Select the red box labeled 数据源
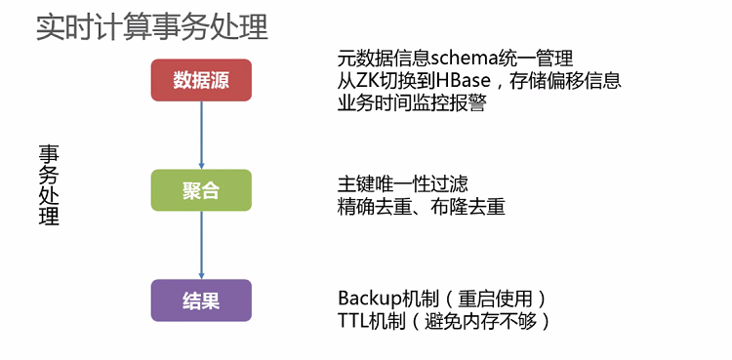[x=201, y=80]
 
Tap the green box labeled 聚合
[x=201, y=190]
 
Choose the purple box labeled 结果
[x=201, y=300]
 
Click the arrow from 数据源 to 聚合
[x=201, y=135]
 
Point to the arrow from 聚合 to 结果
[x=201, y=245]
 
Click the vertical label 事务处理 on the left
[x=49, y=185]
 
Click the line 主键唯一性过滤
[x=402, y=184]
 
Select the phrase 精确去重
[x=374, y=206]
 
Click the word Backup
[x=367, y=298]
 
